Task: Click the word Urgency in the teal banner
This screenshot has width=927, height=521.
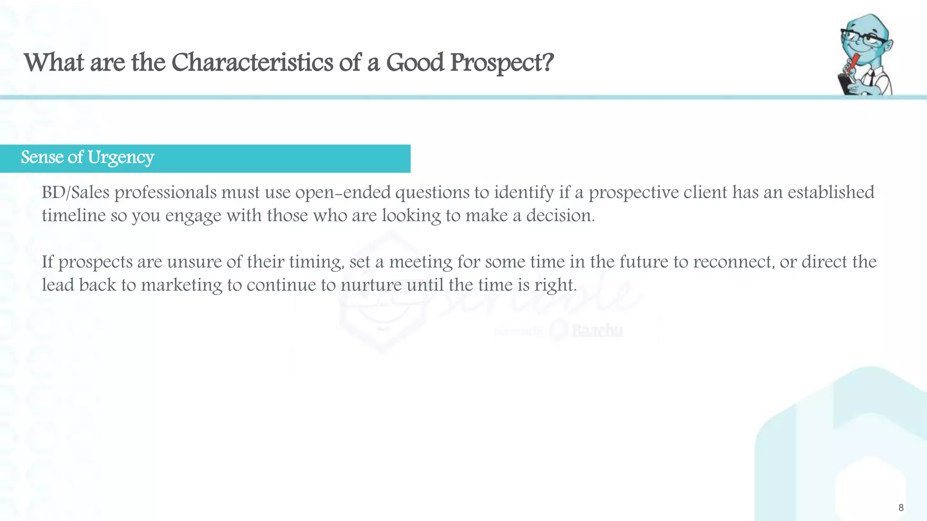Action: coord(121,158)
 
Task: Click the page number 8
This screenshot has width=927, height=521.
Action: coord(901,508)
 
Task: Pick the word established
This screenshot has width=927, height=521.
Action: coord(831,193)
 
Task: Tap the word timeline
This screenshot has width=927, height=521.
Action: coord(73,216)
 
